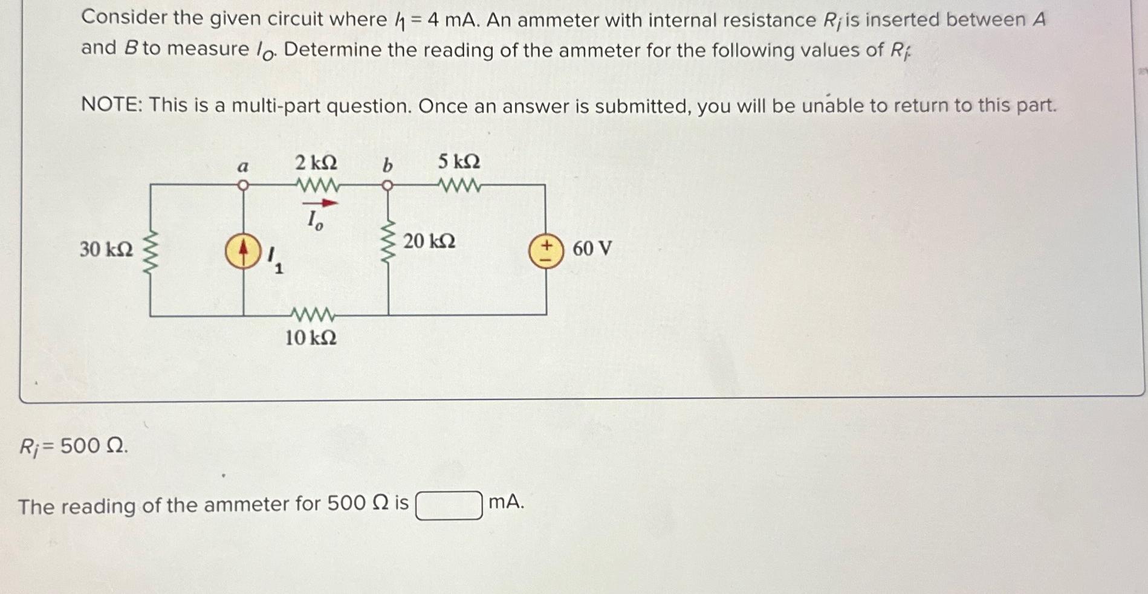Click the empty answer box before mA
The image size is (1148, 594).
point(449,505)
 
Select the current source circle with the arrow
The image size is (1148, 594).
point(243,253)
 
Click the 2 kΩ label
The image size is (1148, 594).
point(316,163)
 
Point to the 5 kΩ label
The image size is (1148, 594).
point(459,161)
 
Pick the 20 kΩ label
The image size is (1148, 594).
point(429,241)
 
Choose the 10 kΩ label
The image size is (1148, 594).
point(311,338)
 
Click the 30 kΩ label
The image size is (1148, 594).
point(106,248)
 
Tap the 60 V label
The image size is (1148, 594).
point(592,248)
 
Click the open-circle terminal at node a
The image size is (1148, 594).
point(242,185)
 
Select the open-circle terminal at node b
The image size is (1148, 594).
point(388,185)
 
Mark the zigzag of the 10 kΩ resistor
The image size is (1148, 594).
point(313,315)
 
